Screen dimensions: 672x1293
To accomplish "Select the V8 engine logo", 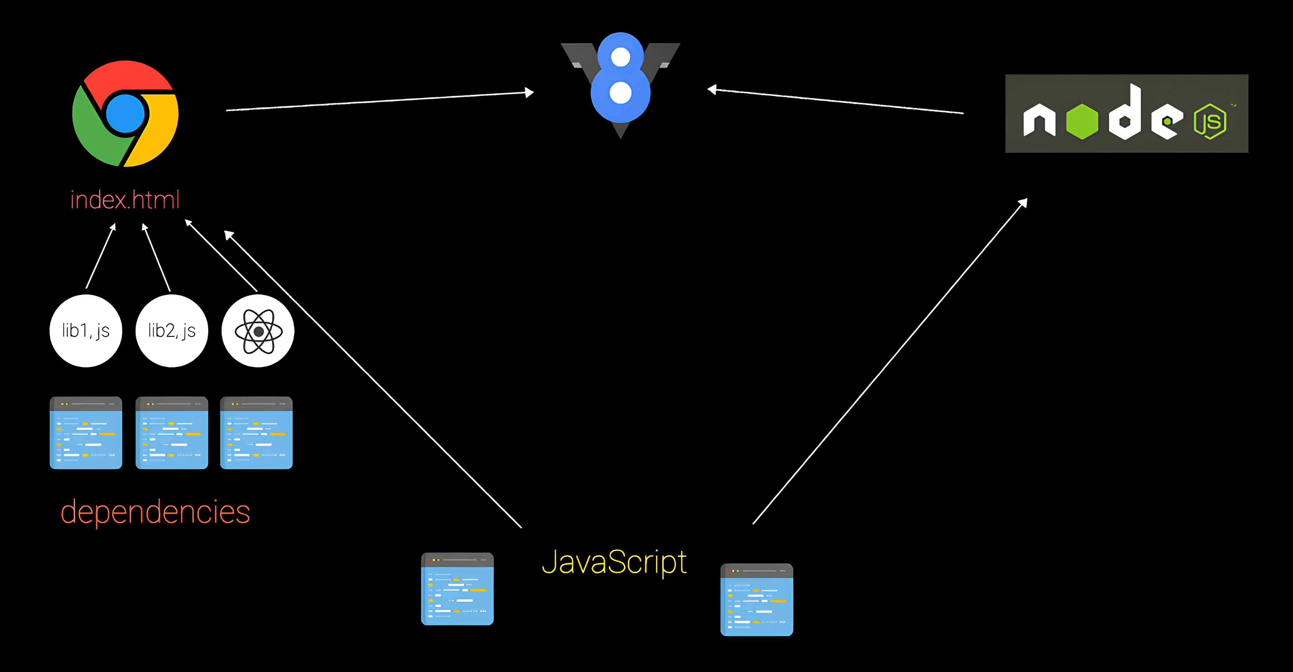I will tap(620, 83).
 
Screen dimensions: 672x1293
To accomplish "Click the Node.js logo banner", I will tap(1126, 113).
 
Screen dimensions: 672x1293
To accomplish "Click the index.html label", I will tap(125, 200).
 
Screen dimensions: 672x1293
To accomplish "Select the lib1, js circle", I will tap(86, 331).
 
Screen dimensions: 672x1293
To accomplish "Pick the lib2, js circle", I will tap(172, 331).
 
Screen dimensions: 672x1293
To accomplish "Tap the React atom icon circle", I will tap(258, 331).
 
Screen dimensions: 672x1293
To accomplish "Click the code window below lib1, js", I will tap(86, 433).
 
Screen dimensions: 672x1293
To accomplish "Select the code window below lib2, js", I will tap(172, 433).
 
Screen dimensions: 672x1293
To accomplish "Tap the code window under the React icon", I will tap(256, 433).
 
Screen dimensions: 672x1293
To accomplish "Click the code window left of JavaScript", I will tap(457, 589).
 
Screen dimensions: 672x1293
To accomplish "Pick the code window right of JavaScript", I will tap(756, 600).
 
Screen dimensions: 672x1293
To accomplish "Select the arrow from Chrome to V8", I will tap(380, 101).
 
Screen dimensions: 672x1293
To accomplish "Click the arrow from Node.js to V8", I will tap(835, 101).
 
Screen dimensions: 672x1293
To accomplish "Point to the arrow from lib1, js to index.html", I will tap(101, 256).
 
